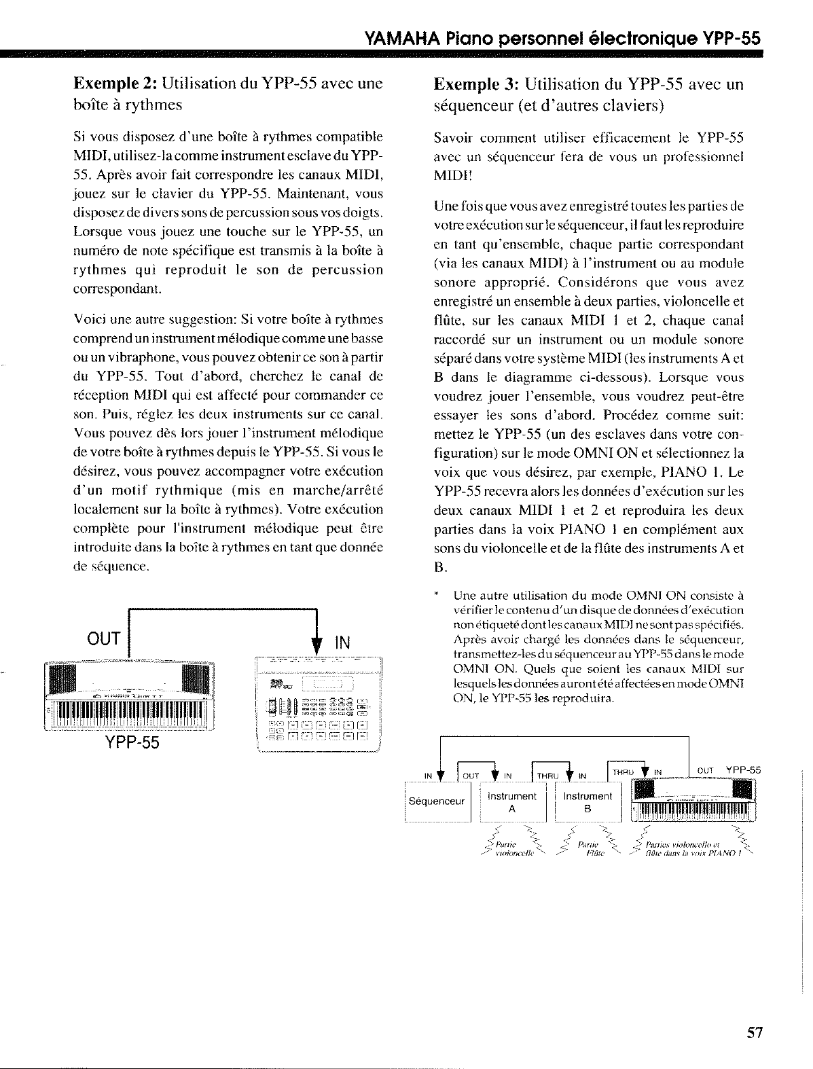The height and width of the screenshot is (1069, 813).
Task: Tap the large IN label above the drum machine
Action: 344,641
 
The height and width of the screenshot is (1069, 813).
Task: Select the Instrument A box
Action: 513,801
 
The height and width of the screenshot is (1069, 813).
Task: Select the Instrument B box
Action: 588,801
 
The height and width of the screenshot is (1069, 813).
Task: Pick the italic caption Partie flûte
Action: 588,849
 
